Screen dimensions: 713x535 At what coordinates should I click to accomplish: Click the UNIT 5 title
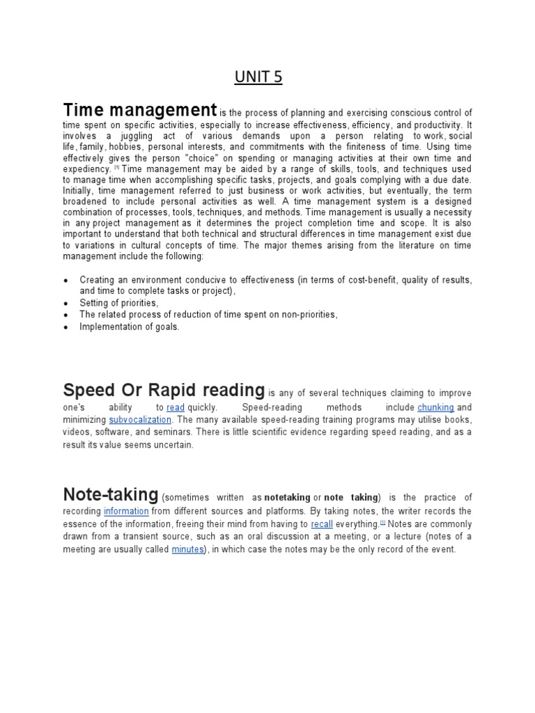[258, 77]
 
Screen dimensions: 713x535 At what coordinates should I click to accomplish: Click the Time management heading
[140, 110]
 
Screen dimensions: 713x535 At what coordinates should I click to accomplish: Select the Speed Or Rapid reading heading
[164, 390]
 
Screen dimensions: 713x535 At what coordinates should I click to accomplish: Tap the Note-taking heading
[111, 495]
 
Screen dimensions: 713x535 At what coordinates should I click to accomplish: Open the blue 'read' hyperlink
[176, 407]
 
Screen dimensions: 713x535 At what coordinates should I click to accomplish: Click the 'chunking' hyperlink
[435, 407]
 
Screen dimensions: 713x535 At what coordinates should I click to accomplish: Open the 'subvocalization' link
[140, 420]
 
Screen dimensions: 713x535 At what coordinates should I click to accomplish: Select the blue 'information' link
[126, 511]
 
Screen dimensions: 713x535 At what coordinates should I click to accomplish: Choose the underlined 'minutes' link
[188, 549]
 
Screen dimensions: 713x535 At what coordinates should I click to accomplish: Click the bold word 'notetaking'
[287, 498]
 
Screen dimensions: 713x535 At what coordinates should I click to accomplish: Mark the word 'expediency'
[87, 170]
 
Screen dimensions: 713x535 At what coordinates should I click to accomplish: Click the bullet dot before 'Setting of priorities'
[66, 304]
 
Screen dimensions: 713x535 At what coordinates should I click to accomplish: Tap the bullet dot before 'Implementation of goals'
[66, 327]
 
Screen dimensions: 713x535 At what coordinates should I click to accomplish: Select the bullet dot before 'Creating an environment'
[66, 281]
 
